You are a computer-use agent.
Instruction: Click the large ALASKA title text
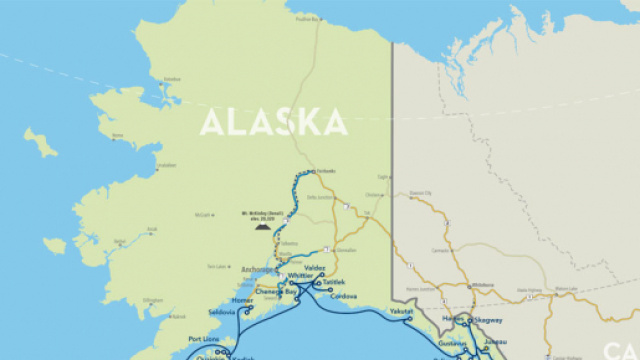273,123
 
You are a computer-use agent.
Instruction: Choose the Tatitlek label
334,283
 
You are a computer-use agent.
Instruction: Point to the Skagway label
487,321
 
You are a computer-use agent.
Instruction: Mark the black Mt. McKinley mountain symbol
261,227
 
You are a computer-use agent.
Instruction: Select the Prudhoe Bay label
306,17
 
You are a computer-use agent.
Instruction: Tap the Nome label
118,135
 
